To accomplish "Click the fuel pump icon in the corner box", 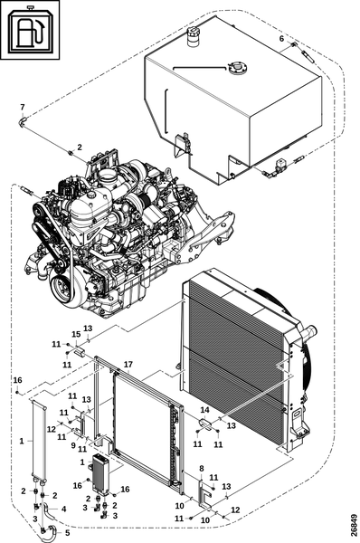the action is (x=30, y=31).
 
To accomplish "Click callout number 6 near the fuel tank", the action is (x=281, y=38).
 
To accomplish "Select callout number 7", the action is (x=23, y=107).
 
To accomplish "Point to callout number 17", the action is (x=128, y=365).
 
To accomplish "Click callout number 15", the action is (x=76, y=334).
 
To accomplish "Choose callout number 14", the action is (x=205, y=410).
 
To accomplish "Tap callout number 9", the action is (x=73, y=445).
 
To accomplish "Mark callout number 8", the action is (x=202, y=469).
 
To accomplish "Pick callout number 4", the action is (x=63, y=509).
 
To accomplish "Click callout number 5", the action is (x=67, y=533).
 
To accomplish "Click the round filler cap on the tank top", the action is (x=237, y=68).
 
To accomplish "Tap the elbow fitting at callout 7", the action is (x=23, y=121).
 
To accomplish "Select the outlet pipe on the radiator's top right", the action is (x=309, y=332).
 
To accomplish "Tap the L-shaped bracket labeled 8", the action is (x=204, y=494).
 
